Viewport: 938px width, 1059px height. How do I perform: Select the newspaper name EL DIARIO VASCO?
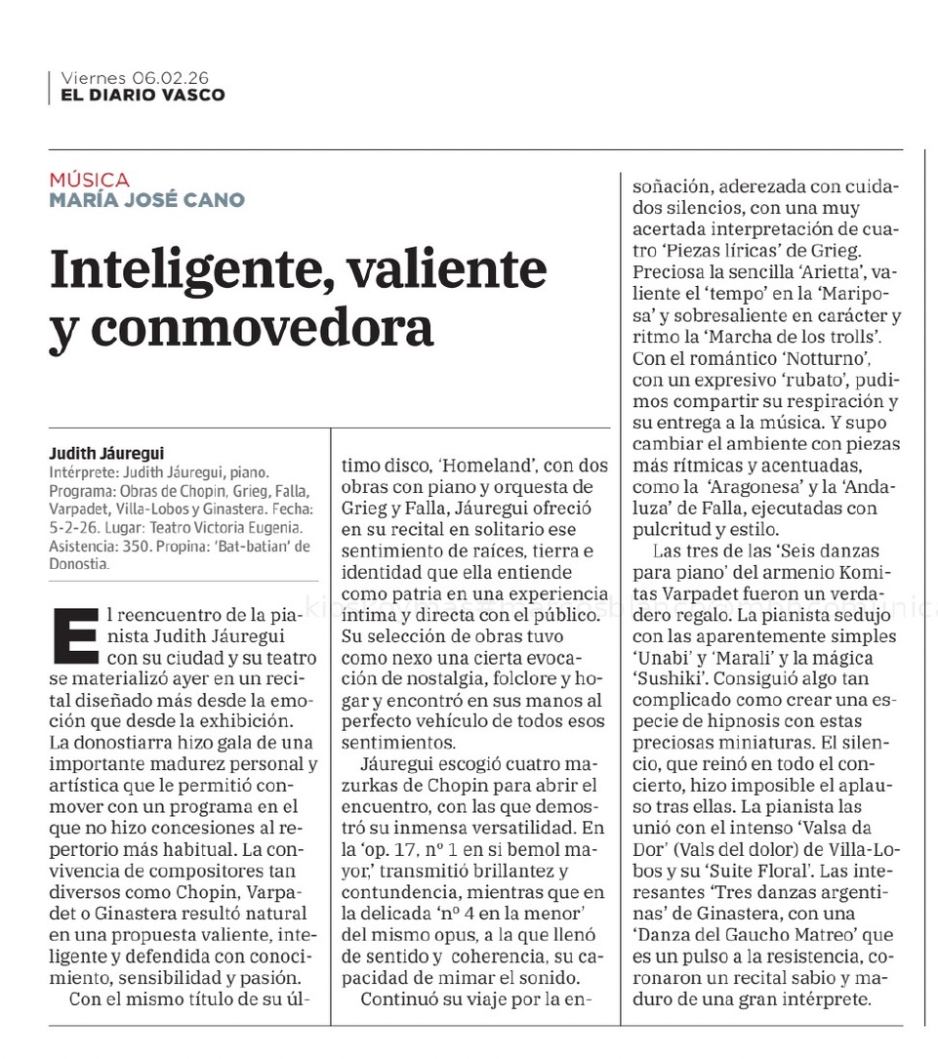point(143,95)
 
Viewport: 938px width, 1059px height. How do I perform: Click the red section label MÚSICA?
point(89,180)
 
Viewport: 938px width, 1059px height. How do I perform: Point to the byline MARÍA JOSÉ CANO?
point(146,200)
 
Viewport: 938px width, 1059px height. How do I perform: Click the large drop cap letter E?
point(77,634)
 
